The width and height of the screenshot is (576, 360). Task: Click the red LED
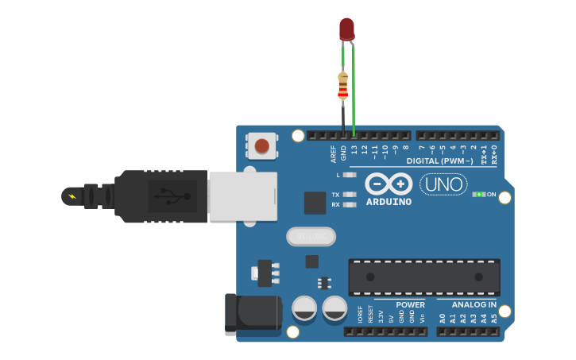point(346,29)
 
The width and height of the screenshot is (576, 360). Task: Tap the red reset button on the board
point(262,145)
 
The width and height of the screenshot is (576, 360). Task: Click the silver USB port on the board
point(242,195)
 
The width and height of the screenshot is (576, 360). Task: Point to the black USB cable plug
point(159,195)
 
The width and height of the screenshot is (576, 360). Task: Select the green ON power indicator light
point(478,194)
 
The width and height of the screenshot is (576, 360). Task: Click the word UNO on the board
point(443,184)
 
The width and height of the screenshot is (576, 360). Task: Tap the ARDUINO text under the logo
point(389,202)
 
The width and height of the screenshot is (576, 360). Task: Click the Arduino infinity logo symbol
point(389,184)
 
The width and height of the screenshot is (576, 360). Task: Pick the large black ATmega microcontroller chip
point(423,277)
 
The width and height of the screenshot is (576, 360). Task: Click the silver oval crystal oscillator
point(311,236)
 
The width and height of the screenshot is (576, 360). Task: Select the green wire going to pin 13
point(354,95)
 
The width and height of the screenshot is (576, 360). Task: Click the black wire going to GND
point(343,119)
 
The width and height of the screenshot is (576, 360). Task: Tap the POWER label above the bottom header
point(410,305)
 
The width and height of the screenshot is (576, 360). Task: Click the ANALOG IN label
point(474,305)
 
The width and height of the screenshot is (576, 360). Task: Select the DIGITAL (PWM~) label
point(439,161)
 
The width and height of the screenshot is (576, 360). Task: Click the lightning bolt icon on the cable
point(72,195)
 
